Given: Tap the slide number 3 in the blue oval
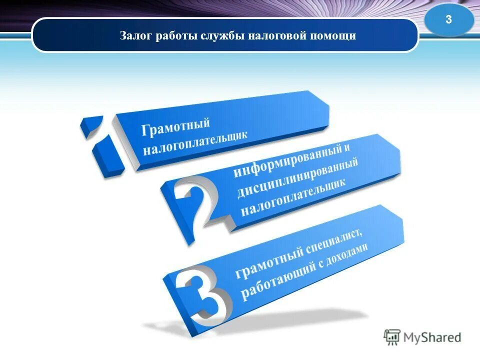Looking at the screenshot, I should click(448, 20).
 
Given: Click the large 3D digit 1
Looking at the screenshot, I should click(100, 145).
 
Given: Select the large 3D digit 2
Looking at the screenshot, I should click(195, 205).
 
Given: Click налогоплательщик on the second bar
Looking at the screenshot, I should click(293, 199).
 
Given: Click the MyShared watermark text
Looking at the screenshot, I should click(433, 337).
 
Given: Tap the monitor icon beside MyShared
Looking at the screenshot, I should click(392, 337).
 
